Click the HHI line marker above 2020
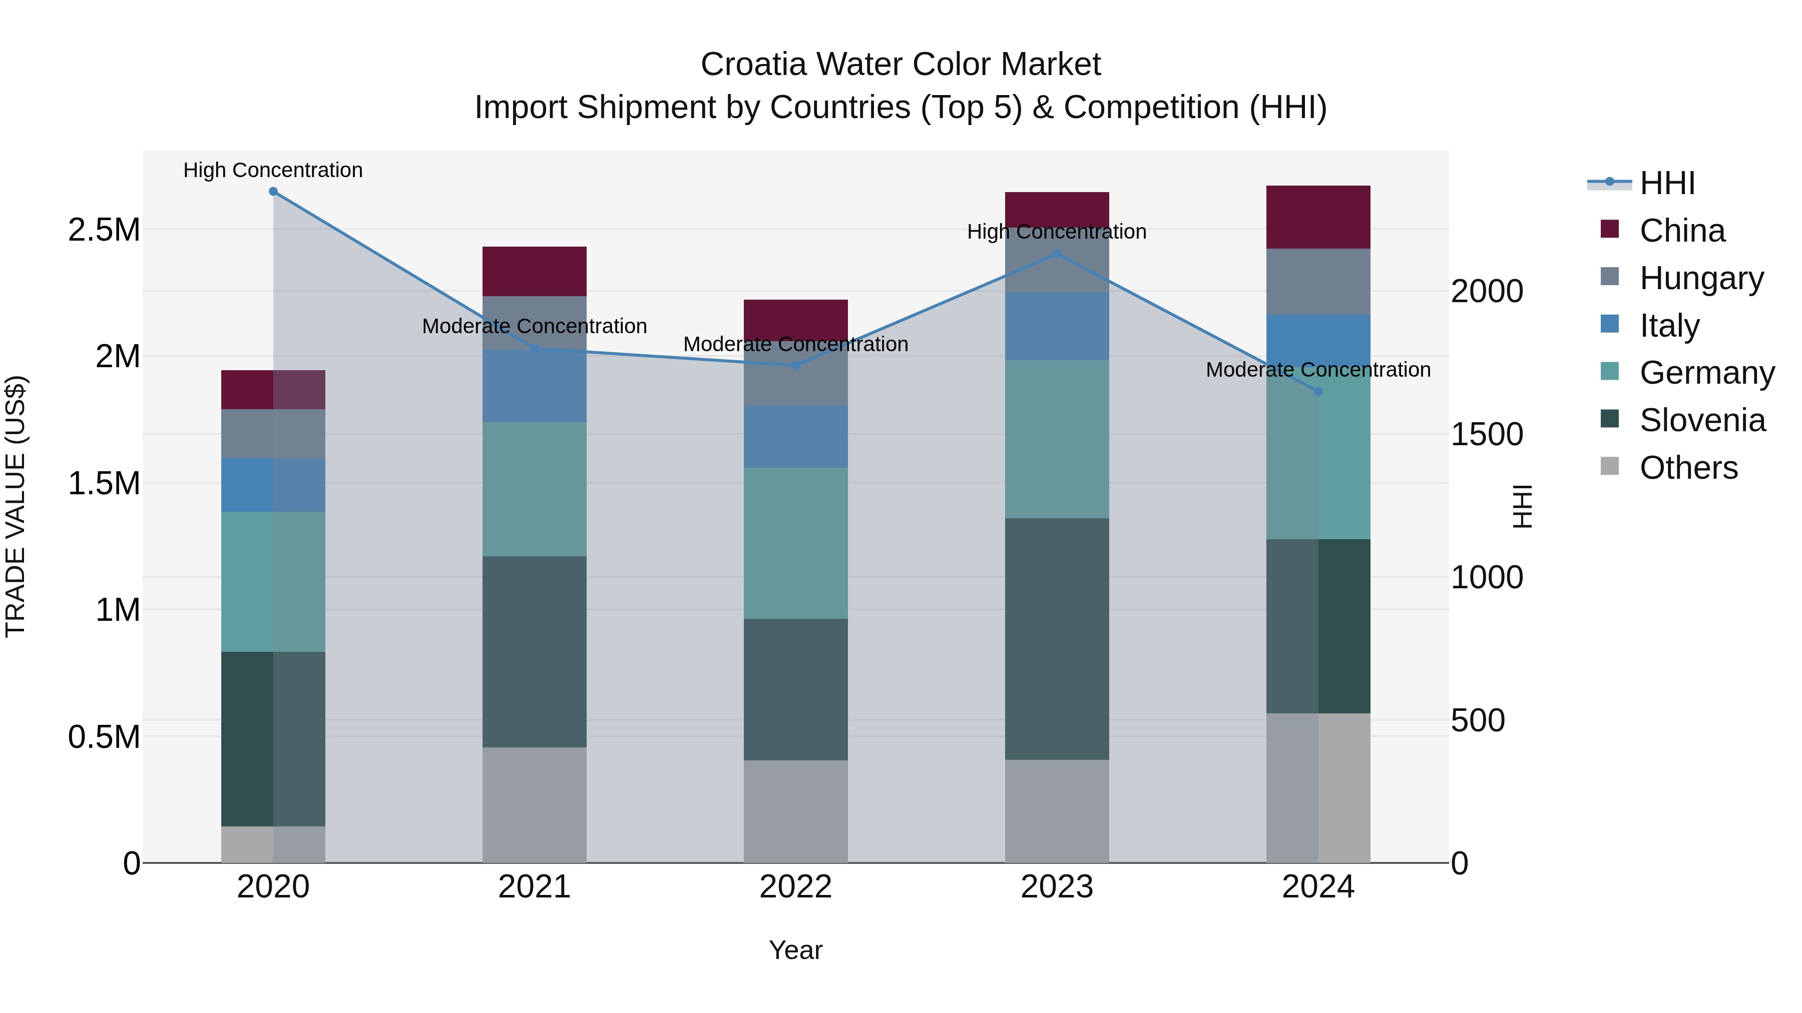273,192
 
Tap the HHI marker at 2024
1318,392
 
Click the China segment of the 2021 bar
535,271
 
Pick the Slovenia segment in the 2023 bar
1057,638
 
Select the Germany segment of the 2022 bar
795,543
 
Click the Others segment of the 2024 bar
1318,787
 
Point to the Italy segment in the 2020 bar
273,485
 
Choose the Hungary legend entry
1700,278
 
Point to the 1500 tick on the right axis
1487,435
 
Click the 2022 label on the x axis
795,887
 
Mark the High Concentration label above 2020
273,171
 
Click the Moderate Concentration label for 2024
1318,370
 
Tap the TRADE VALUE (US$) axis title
16,506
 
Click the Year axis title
795,950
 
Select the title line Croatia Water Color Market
900,65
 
